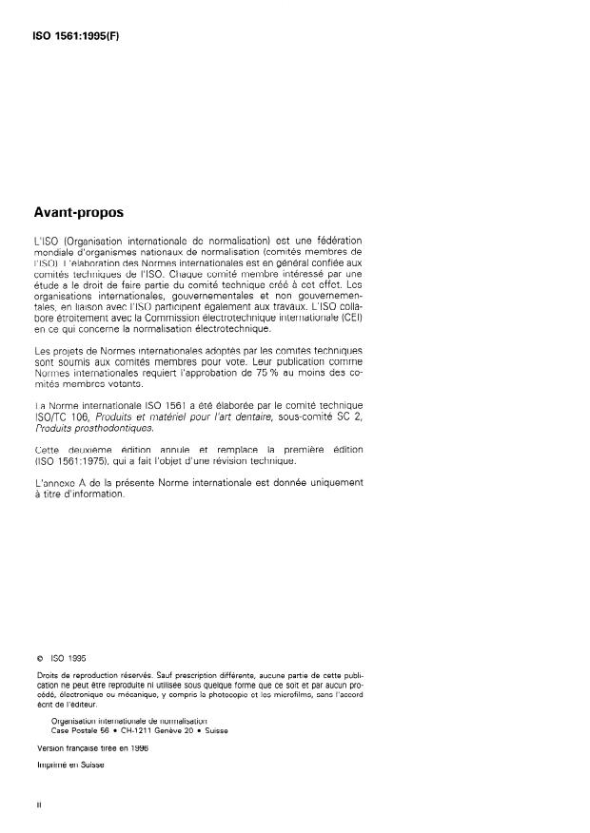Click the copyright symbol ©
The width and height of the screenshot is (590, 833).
coord(39,655)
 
